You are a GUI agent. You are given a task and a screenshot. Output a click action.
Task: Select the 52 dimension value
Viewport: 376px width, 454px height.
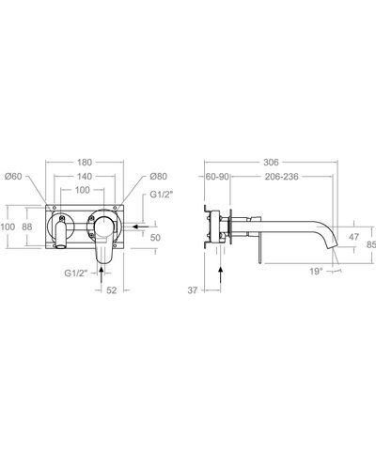pyautogui.click(x=112, y=290)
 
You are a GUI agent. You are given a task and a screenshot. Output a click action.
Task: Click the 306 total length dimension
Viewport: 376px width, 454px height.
pyautogui.click(x=272, y=162)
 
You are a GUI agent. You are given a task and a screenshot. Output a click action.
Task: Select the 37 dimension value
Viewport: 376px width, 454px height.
pyautogui.click(x=192, y=290)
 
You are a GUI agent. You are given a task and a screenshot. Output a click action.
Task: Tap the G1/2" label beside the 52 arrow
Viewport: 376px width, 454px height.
pyautogui.click(x=75, y=273)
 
